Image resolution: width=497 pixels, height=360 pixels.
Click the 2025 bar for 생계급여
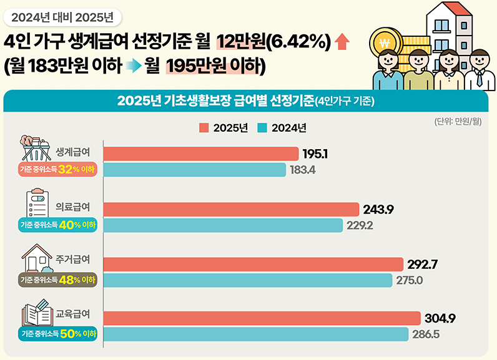(200, 153)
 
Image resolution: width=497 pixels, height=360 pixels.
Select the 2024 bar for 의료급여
(223, 225)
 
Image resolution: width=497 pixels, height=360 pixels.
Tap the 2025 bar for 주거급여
(253, 264)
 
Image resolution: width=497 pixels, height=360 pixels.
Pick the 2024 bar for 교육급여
(256, 334)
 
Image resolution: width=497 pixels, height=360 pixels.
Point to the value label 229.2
(360, 225)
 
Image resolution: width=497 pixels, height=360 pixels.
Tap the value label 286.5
(426, 334)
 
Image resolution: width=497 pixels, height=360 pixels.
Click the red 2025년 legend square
(204, 128)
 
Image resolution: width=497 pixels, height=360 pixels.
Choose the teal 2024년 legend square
(262, 128)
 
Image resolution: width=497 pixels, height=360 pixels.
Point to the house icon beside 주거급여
(37, 258)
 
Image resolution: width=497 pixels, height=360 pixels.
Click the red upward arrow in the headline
(342, 42)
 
